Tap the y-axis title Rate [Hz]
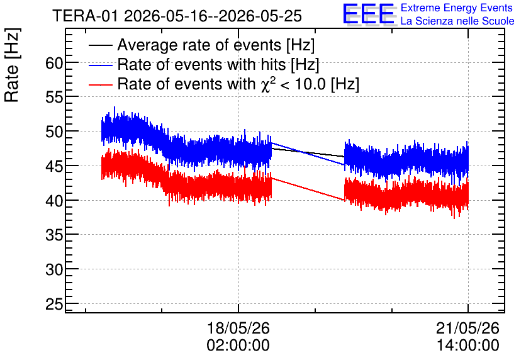tap(12, 65)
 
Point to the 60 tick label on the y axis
tap(54, 63)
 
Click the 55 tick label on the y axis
tap(54, 98)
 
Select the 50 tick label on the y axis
tap(54, 132)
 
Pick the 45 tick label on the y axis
tap(54, 166)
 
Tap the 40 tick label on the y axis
tap(54, 201)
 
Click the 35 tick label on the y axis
tap(54, 235)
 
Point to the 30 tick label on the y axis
tap(54, 269)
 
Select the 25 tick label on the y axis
tap(54, 304)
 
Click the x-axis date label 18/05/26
tap(238, 328)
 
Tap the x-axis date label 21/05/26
tap(467, 328)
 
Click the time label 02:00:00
tap(238, 346)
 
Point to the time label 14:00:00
tap(467, 346)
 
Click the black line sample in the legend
tap(100, 45)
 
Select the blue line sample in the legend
tap(100, 65)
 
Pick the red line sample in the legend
tap(100, 84)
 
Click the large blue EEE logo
tap(369, 14)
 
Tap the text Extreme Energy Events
tap(457, 8)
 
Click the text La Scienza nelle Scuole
tap(457, 21)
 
